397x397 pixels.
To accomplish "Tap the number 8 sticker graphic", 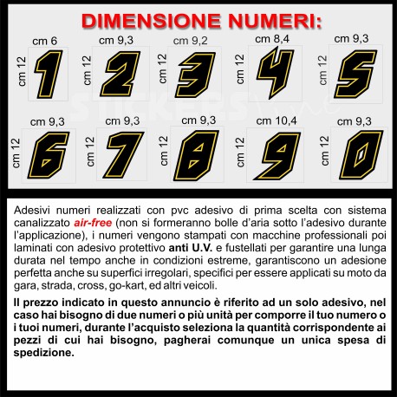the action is point(197,155).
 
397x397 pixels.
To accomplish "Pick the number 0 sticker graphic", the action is point(361,155).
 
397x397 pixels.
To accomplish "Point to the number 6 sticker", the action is point(49,155).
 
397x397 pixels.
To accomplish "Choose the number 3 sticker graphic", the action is point(195,75).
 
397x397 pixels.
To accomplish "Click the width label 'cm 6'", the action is point(45,41).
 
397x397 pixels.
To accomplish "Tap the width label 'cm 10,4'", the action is point(277,120).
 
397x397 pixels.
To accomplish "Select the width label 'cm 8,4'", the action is point(272,39).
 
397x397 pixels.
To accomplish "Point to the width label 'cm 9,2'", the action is point(191,41).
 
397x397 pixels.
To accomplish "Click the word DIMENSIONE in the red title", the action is point(151,21).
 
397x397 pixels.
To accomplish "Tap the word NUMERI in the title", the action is point(275,21).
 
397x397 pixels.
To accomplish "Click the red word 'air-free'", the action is point(93,223).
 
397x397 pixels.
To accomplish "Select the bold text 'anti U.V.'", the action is point(191,248).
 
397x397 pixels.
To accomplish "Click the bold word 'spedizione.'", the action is point(44,353).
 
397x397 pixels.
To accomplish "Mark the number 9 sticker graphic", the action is point(277,156).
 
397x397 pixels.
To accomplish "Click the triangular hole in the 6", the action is point(46,163).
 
